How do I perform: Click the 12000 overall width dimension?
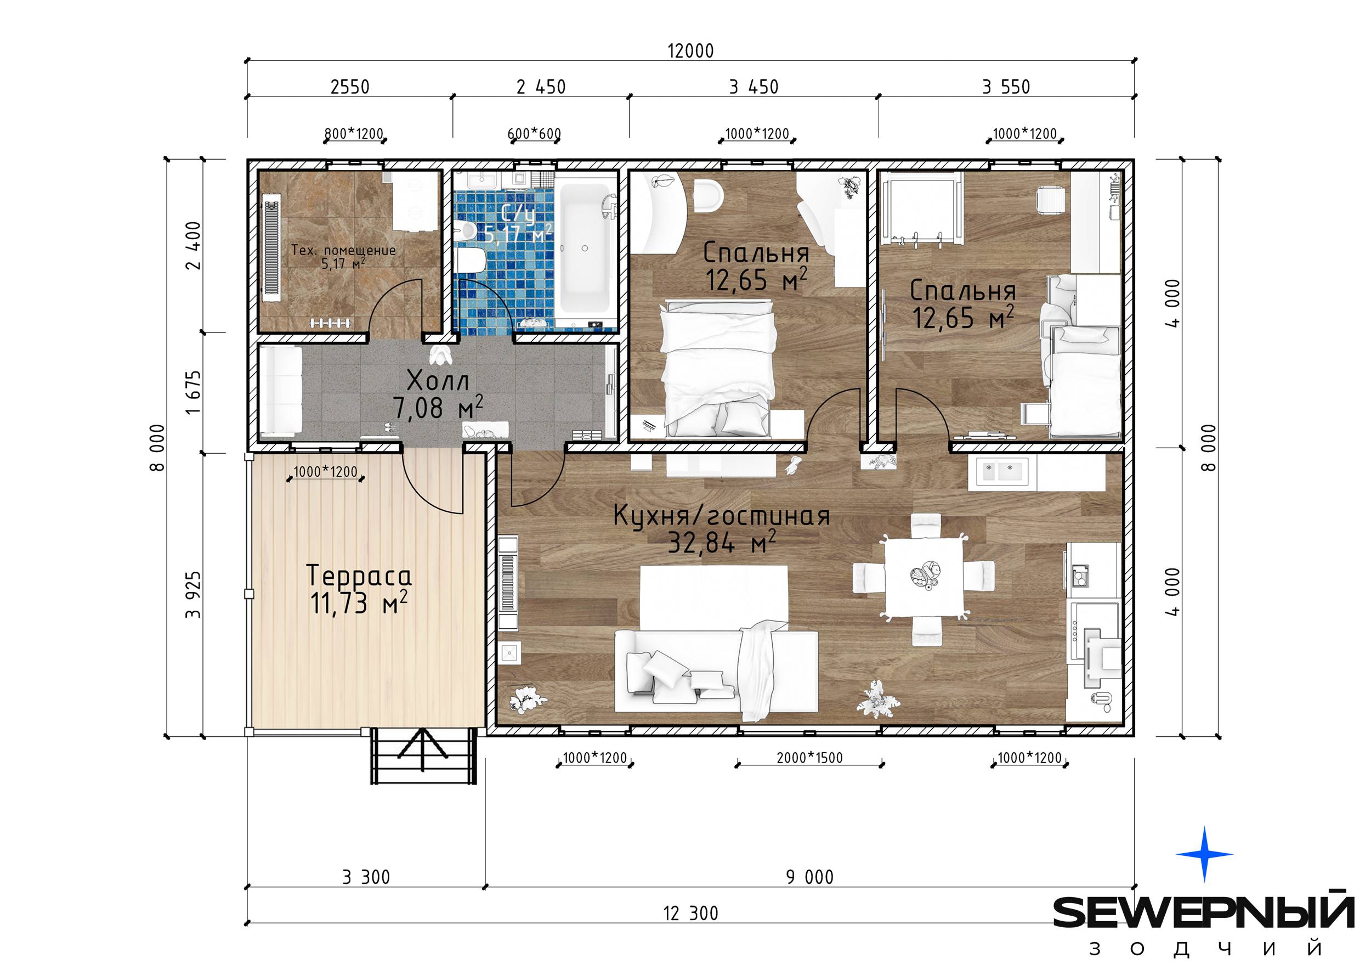tap(690, 51)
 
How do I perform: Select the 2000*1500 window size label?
tap(809, 758)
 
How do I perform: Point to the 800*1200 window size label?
tap(354, 134)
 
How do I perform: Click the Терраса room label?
tap(359, 576)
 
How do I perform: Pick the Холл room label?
tap(438, 380)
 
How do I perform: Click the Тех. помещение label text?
tap(343, 250)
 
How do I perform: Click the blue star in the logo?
tap(1204, 854)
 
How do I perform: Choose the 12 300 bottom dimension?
tap(691, 913)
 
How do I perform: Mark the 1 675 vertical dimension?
tap(194, 392)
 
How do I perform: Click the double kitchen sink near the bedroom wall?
tap(1002, 471)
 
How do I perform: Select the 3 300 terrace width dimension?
tap(366, 877)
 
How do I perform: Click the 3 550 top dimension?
tap(1006, 87)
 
